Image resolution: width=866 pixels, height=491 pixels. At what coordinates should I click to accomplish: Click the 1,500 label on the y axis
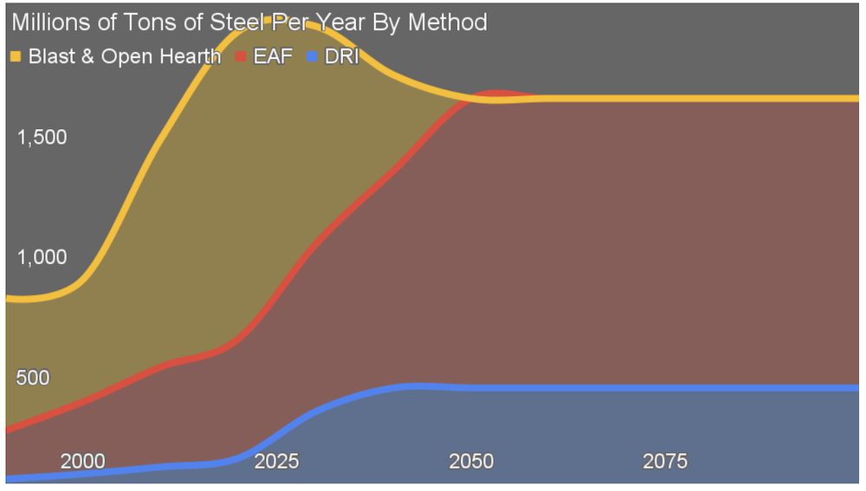[42, 138]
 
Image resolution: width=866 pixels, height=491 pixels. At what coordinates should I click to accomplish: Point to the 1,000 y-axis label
[42, 257]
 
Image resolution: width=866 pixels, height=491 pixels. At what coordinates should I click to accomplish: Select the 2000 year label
[83, 461]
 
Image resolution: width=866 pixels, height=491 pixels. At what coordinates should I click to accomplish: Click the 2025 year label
[277, 461]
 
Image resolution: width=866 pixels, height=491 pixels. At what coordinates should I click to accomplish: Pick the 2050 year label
[471, 461]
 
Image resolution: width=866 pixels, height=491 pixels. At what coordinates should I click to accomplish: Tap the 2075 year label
[665, 461]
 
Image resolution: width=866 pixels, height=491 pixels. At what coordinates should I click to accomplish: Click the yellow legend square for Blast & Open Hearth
[16, 57]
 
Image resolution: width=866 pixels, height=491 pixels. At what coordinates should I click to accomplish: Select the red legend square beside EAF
[241, 57]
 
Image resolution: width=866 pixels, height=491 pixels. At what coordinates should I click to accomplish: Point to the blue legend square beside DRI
[313, 57]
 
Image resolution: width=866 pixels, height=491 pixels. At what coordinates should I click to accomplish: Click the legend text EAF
[273, 57]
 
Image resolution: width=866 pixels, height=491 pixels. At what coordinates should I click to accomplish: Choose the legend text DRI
[341, 57]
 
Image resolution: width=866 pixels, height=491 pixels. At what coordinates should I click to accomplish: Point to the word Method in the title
[449, 23]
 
